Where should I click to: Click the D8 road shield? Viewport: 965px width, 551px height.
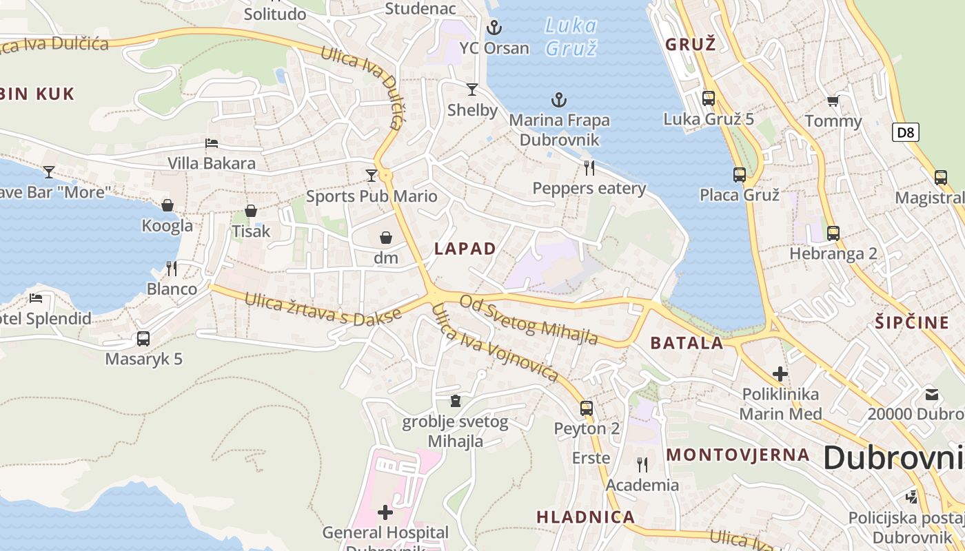[906, 132]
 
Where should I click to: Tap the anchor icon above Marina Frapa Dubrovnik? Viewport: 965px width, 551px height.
[559, 101]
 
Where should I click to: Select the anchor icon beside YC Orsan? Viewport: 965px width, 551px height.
[494, 28]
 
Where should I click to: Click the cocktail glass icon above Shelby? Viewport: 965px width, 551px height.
[472, 89]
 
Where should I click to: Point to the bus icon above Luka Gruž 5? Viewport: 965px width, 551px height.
[709, 98]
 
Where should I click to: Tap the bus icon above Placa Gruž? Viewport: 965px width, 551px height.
[740, 175]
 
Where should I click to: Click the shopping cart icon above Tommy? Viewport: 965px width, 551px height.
[833, 101]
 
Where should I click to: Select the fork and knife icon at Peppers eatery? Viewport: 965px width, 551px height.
[589, 167]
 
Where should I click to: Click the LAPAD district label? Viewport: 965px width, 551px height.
[465, 249]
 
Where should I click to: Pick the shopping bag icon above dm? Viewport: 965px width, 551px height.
[386, 238]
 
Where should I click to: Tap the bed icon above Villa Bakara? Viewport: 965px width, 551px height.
[212, 143]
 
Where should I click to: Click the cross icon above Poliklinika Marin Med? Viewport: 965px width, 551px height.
[780, 374]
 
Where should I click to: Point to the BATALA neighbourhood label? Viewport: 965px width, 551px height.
[687, 343]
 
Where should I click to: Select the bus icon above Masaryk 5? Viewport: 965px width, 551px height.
[143, 339]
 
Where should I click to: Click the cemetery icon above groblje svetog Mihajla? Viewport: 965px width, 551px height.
[455, 401]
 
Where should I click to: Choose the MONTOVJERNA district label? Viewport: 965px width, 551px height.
[738, 455]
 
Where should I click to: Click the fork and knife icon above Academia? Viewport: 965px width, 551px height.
[642, 465]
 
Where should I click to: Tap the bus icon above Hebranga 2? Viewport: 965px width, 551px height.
[833, 233]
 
